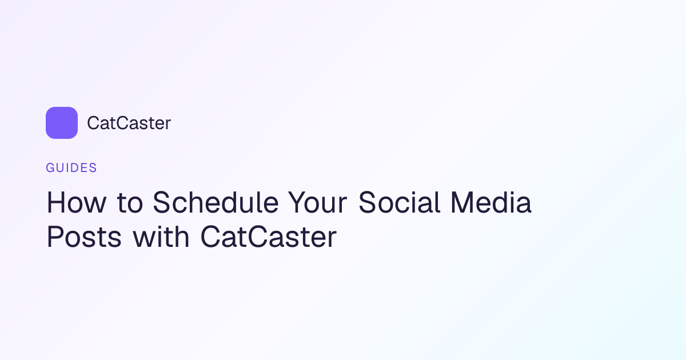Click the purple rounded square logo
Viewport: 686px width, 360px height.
click(x=62, y=123)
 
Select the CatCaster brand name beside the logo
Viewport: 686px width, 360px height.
click(x=129, y=123)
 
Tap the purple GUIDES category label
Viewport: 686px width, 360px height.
click(x=71, y=168)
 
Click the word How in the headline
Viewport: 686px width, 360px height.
click(x=77, y=202)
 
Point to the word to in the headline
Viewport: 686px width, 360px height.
click(x=130, y=203)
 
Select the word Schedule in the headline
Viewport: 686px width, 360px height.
click(x=216, y=202)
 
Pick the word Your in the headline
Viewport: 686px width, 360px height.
click(x=318, y=202)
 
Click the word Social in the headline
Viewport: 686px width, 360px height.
click(x=400, y=202)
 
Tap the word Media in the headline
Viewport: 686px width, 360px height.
click(x=491, y=202)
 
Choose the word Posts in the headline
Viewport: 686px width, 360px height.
click(x=84, y=237)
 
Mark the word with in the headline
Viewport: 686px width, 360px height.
click(x=161, y=236)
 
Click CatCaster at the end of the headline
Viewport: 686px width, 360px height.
click(x=269, y=237)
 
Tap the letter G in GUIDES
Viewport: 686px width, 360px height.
click(x=50, y=168)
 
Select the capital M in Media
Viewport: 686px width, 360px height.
click(x=462, y=202)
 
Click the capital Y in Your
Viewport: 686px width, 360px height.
click(x=298, y=202)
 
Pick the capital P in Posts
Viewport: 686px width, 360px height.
click(x=55, y=237)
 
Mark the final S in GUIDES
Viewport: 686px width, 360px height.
click(x=93, y=168)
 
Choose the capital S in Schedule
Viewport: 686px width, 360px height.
click(x=162, y=202)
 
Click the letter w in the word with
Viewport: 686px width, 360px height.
click(x=145, y=239)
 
